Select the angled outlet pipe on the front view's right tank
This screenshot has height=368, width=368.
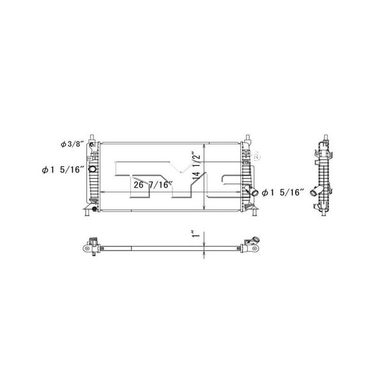pyautogui.click(x=251, y=191)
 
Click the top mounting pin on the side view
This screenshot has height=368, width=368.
pyautogui.click(x=324, y=138)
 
